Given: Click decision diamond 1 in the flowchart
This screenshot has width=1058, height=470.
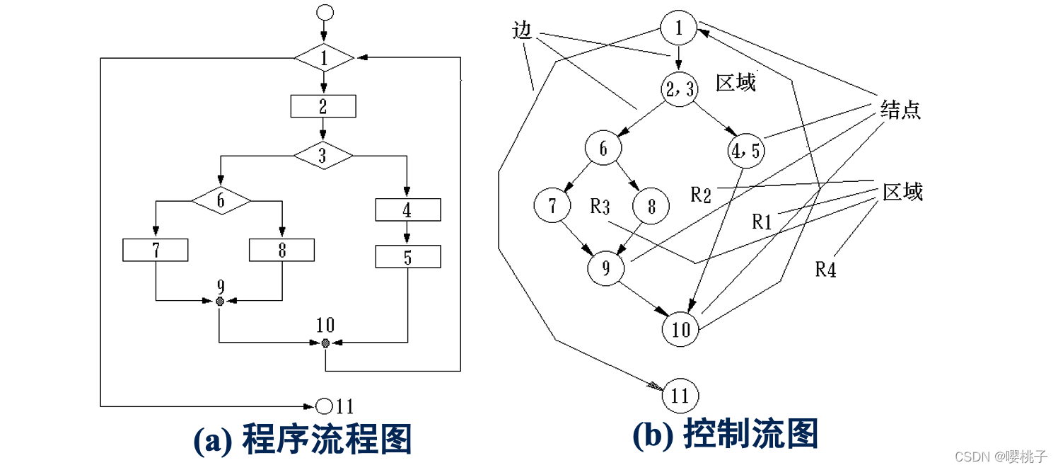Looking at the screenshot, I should click(324, 58).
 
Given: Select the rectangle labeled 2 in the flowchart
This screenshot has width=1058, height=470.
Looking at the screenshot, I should click(323, 106).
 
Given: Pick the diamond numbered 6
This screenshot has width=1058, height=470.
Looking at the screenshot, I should click(221, 201).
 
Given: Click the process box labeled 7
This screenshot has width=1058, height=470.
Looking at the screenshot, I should click(156, 250).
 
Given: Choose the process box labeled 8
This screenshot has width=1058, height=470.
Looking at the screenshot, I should click(281, 250).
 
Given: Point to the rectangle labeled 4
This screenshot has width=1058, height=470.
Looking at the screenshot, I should click(407, 210).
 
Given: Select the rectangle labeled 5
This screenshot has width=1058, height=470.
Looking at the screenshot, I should click(407, 256).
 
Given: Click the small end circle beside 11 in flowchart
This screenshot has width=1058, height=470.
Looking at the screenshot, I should click(324, 406).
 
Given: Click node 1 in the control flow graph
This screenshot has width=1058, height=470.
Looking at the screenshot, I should click(679, 28).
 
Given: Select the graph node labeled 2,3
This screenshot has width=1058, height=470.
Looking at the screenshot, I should click(679, 89).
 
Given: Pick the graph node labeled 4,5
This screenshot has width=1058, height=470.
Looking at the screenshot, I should click(745, 150).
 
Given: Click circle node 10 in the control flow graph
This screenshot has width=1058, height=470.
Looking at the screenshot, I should click(680, 330).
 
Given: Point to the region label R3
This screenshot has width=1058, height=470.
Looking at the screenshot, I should click(600, 207).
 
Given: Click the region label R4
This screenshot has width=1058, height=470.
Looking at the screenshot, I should click(825, 270).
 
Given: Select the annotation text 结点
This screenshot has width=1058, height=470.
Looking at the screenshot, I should click(901, 110).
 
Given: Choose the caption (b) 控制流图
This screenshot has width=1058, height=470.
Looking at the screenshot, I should click(725, 435).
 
